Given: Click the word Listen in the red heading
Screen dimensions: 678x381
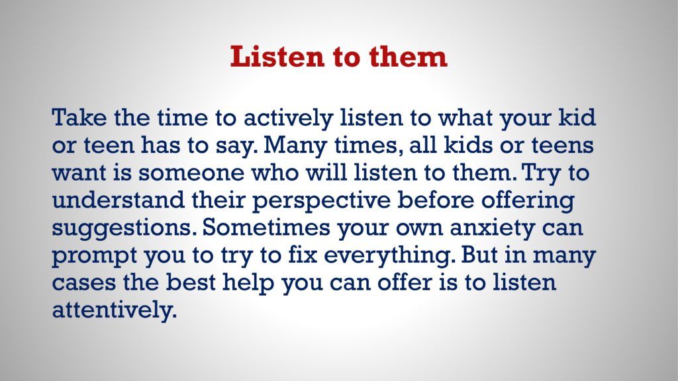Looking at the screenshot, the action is click(277, 56).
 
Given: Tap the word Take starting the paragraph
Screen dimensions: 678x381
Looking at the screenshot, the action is click(79, 117).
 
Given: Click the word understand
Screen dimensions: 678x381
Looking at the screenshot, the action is click(118, 200).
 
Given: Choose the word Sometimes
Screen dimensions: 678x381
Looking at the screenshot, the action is click(266, 228).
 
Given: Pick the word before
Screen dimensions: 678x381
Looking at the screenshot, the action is click(436, 200).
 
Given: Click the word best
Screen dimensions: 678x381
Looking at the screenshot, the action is click(190, 282).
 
